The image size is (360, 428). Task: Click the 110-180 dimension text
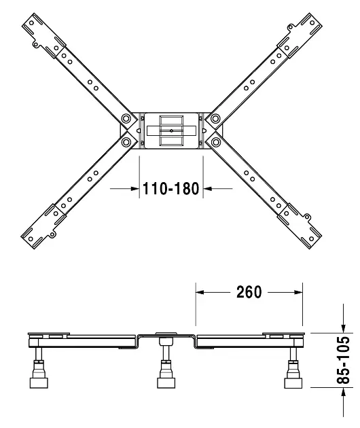click(x=171, y=189)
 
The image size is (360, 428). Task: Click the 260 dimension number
click(x=249, y=292)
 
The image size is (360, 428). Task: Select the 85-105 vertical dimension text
click(x=343, y=360)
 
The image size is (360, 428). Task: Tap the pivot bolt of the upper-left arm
click(x=126, y=118)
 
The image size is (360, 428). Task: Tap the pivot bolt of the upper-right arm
click(x=215, y=118)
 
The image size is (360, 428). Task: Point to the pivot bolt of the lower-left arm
click(x=126, y=142)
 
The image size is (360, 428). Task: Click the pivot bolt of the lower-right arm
click(x=215, y=142)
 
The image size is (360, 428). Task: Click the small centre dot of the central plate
click(x=171, y=130)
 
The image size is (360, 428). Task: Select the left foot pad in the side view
click(x=39, y=382)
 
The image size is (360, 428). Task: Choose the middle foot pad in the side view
click(x=166, y=382)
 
